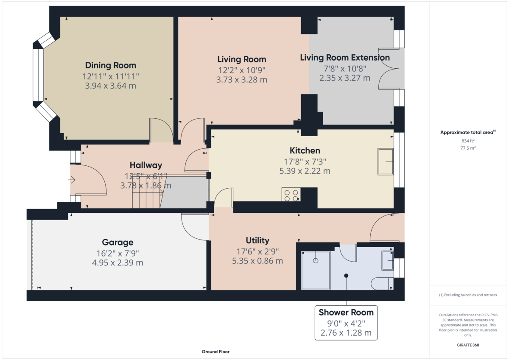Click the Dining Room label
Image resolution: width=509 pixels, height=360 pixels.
111,65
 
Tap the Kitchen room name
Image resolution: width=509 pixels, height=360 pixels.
305,151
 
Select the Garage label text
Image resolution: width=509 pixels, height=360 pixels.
117,243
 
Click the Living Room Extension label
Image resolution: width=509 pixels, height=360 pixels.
345,58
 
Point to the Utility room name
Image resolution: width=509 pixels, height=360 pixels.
257,241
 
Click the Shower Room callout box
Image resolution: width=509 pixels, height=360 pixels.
346,322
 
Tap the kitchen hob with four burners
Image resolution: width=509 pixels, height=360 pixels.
291,195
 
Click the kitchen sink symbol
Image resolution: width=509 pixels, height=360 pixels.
386,162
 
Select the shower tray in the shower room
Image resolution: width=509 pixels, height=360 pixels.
316,270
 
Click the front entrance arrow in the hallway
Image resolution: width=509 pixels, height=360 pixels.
71,180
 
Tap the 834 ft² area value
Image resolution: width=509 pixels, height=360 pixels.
468,140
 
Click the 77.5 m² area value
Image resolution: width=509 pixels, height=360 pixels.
468,148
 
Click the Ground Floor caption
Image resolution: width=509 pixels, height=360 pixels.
215,352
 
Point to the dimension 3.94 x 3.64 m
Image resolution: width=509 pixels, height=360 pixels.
111,86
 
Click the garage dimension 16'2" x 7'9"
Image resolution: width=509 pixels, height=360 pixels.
117,253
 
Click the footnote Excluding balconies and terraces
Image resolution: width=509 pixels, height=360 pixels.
468,295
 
